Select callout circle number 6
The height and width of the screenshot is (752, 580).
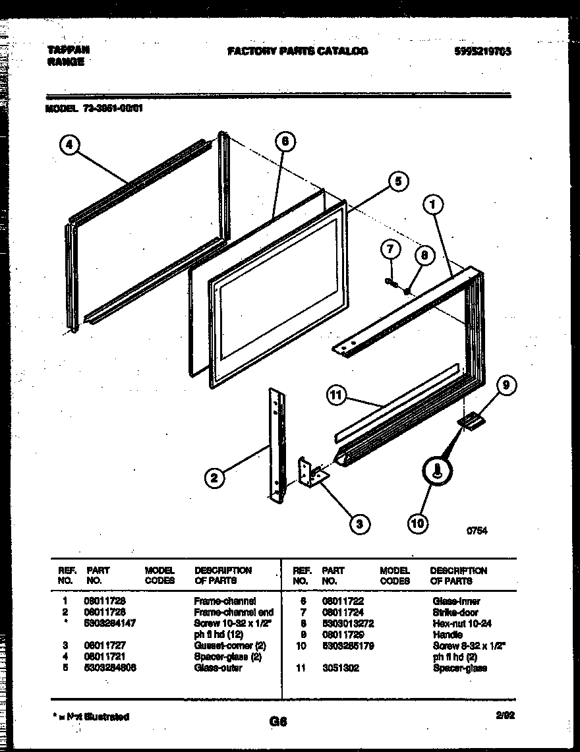pos(284,142)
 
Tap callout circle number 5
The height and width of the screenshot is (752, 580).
pos(397,182)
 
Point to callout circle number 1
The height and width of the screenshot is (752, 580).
pos(432,206)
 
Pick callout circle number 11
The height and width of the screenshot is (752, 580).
pos(337,395)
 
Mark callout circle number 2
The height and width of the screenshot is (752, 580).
pos(213,479)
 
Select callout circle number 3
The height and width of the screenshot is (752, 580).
pos(359,524)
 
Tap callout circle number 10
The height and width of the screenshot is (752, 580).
pos(417,524)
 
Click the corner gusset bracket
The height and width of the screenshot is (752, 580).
pos(310,473)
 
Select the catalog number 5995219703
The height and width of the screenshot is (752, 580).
pos(483,51)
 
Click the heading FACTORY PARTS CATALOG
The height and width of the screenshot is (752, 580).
pos(297,51)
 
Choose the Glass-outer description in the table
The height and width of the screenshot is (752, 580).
pos(217,668)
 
